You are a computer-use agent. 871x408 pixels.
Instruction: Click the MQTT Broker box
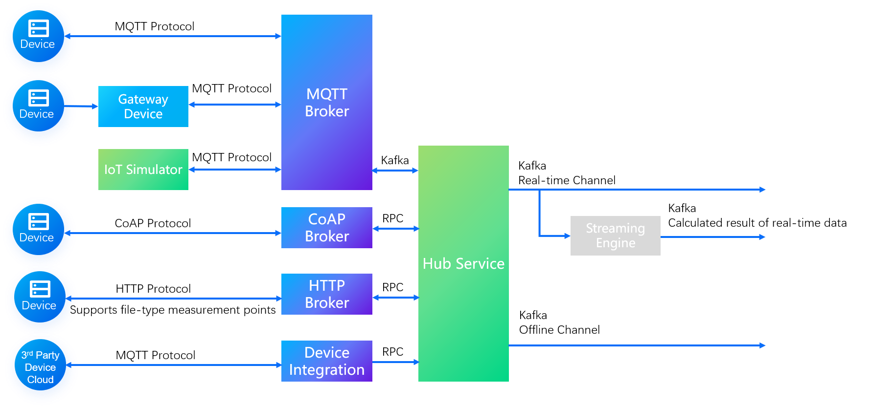tap(326, 102)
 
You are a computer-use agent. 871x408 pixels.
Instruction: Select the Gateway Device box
tap(143, 107)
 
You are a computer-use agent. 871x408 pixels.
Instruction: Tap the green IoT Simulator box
tap(143, 170)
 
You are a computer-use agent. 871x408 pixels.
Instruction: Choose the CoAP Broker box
tap(326, 228)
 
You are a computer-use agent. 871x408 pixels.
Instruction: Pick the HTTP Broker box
tap(326, 294)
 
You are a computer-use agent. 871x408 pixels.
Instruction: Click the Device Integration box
tap(326, 361)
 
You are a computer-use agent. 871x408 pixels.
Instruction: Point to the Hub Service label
tap(463, 264)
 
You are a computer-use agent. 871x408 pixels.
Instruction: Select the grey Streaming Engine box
tap(615, 236)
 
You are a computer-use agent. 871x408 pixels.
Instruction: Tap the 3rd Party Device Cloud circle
tap(41, 368)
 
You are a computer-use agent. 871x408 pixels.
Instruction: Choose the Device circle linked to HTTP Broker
tap(40, 300)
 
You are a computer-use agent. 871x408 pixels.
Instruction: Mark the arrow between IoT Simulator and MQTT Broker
tap(235, 170)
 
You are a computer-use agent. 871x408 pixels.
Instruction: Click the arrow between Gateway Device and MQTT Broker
tap(235, 105)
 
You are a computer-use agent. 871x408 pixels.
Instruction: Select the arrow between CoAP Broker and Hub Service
tap(395, 228)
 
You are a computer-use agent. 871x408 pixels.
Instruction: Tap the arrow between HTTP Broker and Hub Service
tap(395, 297)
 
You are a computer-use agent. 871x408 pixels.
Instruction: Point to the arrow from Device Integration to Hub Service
tap(395, 362)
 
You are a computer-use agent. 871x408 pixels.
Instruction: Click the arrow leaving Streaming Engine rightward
tap(712, 237)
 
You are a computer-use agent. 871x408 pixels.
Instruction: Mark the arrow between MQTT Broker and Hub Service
tap(395, 171)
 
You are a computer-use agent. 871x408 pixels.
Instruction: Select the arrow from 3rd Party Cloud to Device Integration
tap(179, 365)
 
